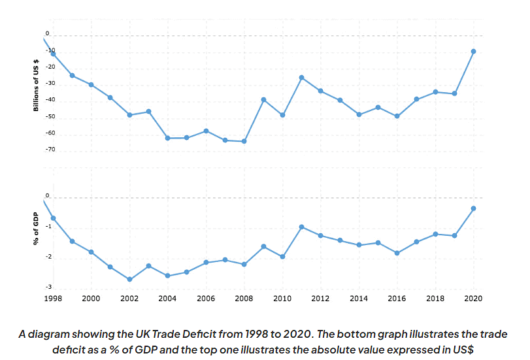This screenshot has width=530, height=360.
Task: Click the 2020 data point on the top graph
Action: (x=473, y=51)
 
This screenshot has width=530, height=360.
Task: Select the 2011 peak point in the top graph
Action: (x=301, y=78)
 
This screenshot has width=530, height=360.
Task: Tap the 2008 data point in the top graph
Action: (x=244, y=141)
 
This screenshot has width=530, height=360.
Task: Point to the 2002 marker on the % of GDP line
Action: (x=129, y=280)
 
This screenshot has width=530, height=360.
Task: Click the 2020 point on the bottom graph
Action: (x=473, y=208)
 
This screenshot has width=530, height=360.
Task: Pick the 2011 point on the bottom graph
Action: (x=301, y=227)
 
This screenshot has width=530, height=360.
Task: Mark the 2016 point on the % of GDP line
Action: (x=397, y=253)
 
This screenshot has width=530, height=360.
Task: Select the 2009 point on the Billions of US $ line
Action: (x=263, y=99)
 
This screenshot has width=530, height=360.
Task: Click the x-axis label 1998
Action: (x=53, y=298)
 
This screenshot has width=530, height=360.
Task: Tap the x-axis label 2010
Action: (x=282, y=298)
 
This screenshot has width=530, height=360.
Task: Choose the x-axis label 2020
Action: (x=473, y=298)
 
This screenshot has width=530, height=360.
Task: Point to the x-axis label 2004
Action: (x=167, y=298)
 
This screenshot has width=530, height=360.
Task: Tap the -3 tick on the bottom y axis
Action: (x=48, y=287)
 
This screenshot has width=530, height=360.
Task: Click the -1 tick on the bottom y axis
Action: (x=48, y=227)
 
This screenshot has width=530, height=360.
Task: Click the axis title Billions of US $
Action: (x=36, y=85)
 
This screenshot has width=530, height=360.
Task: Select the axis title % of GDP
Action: (x=36, y=229)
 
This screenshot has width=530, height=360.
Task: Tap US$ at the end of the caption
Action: (x=459, y=349)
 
